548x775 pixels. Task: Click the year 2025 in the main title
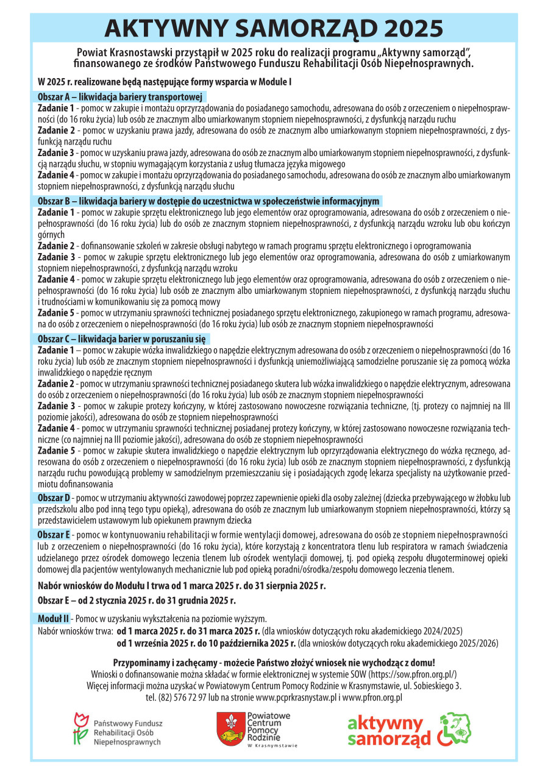[406, 28]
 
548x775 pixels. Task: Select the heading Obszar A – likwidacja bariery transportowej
[119, 96]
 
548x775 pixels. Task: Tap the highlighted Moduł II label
[54, 618]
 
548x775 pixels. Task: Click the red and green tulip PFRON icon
[78, 729]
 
